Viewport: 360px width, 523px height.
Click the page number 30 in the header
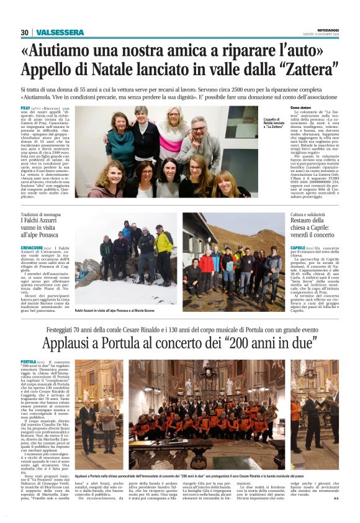pyautogui.click(x=24, y=32)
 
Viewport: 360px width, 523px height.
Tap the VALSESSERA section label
pyautogui.click(x=60, y=32)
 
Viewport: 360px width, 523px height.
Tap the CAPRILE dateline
pyautogui.click(x=299, y=247)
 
